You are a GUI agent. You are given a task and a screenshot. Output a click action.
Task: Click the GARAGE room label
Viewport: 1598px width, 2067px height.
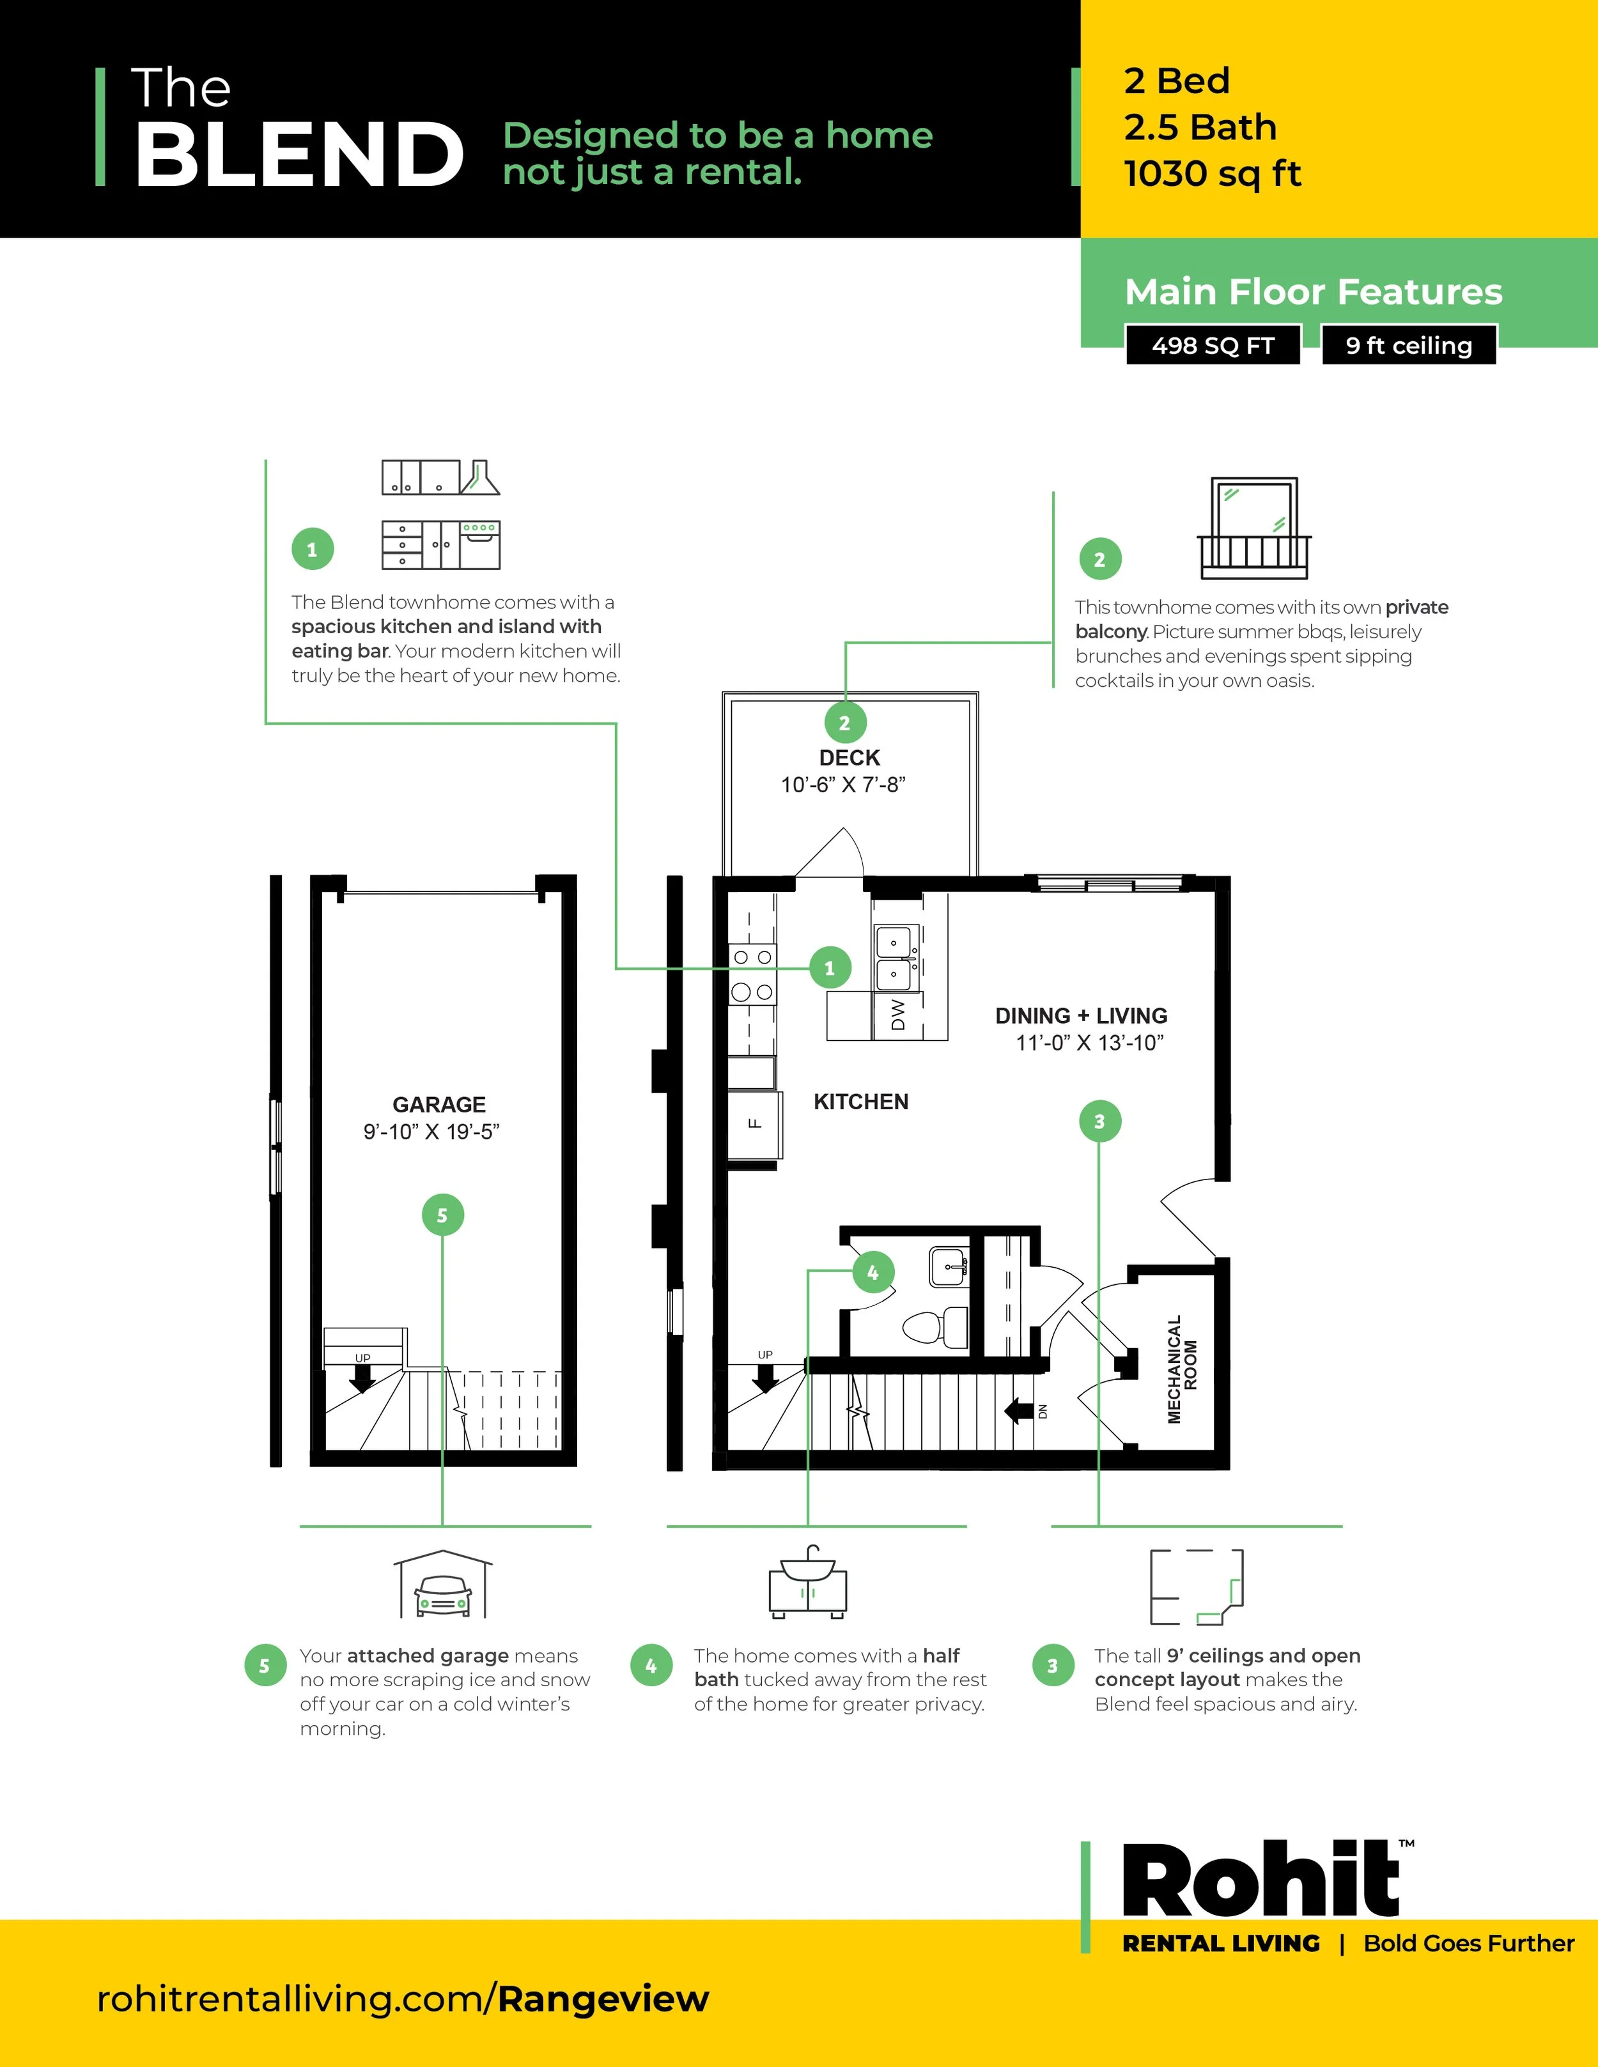pyautogui.click(x=439, y=1105)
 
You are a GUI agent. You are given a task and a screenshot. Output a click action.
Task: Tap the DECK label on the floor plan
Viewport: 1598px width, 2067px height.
pyautogui.click(x=849, y=758)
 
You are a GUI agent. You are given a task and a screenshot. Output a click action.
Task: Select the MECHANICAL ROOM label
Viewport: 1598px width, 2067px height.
pyautogui.click(x=1183, y=1369)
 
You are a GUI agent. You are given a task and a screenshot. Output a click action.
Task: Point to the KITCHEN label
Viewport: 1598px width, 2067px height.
pyautogui.click(x=860, y=1102)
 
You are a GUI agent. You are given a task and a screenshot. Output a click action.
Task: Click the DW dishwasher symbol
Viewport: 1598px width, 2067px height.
pyautogui.click(x=897, y=1015)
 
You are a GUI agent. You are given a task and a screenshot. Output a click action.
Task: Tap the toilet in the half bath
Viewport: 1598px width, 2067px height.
pyautogui.click(x=935, y=1327)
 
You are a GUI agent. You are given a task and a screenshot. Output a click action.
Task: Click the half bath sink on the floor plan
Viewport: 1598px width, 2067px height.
pyautogui.click(x=948, y=1267)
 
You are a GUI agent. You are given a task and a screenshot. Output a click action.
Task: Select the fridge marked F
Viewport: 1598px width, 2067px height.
pyautogui.click(x=754, y=1125)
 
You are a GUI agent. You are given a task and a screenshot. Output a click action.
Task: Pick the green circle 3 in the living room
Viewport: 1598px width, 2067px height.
pyautogui.click(x=1099, y=1121)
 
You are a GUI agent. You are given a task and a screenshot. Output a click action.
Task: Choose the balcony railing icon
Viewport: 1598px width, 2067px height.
pyautogui.click(x=1254, y=528)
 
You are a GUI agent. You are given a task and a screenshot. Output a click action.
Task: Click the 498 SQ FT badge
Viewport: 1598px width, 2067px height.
pyautogui.click(x=1213, y=346)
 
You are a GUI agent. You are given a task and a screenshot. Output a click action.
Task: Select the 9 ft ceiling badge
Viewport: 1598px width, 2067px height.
pyautogui.click(x=1409, y=346)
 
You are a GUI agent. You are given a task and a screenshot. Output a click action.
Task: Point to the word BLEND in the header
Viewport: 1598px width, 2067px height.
pyautogui.click(x=299, y=153)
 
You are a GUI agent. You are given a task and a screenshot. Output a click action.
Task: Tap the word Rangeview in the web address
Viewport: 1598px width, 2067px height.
pyautogui.click(x=603, y=1999)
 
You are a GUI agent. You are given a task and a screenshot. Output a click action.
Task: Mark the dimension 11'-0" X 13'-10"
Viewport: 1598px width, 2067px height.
pyautogui.click(x=1089, y=1043)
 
